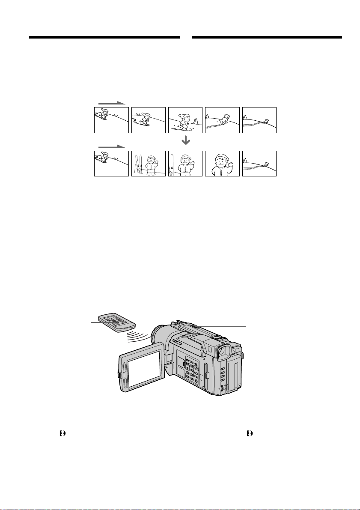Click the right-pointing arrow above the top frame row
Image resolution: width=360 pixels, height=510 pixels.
click(111, 103)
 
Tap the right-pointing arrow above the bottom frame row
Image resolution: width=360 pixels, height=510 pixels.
click(111, 146)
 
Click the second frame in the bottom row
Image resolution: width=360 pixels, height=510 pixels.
click(148, 164)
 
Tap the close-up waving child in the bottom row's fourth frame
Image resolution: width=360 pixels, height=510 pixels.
click(222, 163)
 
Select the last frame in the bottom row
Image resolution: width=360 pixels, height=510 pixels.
click(259, 164)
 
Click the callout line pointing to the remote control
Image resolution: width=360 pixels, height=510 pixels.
click(95, 323)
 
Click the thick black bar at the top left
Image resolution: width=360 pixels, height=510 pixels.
click(104, 38)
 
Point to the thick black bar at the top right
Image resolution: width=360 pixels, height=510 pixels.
click(267, 38)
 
